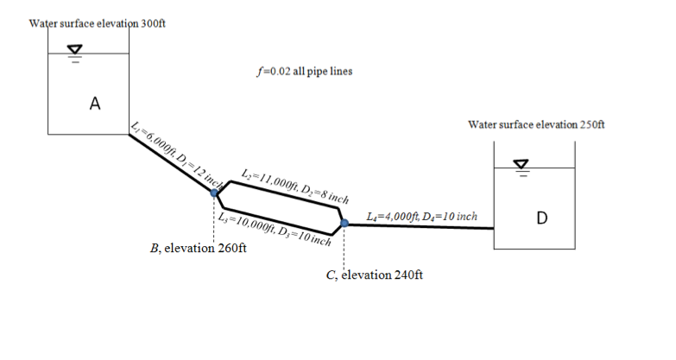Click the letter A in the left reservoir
[95, 104]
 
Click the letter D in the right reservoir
[540, 216]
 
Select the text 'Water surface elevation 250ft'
[535, 124]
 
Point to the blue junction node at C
[344, 224]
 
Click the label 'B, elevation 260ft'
[198, 248]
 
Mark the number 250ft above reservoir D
[591, 124]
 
